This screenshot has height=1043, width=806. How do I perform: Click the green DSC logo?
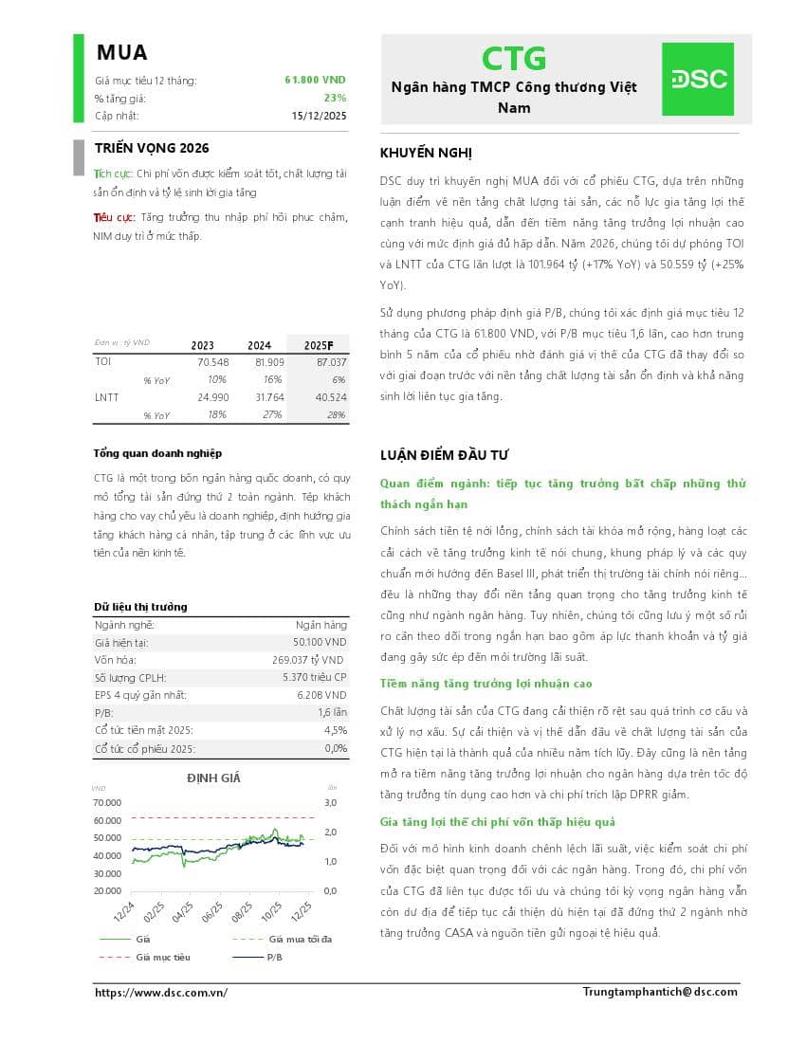tap(697, 79)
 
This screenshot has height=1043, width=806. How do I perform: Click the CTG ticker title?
tap(514, 59)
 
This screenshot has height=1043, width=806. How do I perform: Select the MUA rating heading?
tap(121, 53)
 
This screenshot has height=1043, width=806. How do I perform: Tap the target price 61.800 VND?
tap(315, 81)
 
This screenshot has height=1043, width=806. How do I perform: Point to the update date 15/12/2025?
tap(320, 116)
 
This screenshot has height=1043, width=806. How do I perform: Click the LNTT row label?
tap(107, 397)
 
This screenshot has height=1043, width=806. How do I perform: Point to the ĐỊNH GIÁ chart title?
tap(213, 778)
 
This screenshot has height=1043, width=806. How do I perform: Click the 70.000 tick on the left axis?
tap(107, 802)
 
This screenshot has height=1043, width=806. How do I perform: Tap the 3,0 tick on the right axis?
tap(331, 802)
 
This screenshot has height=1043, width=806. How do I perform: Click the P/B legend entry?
tap(275, 958)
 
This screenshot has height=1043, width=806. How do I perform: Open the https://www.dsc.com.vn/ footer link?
tap(161, 993)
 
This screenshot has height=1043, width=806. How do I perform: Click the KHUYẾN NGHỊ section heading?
tap(426, 154)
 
